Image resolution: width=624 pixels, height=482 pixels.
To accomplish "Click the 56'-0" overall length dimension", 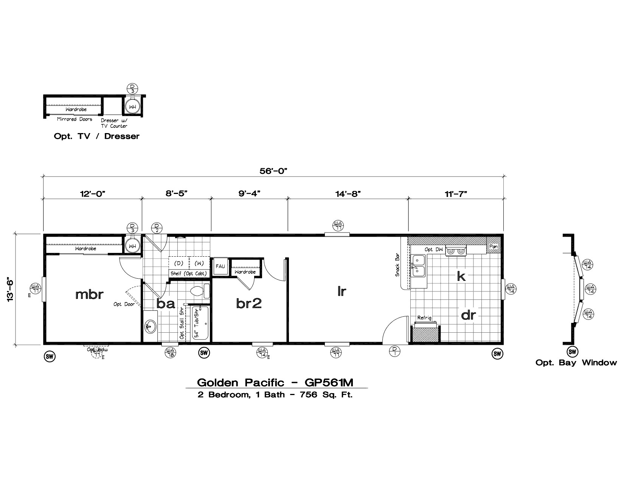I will coord(274,171).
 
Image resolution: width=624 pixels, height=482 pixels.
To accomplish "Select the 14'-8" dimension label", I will coord(348,194).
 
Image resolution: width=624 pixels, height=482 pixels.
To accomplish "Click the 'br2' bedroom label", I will coord(249,303).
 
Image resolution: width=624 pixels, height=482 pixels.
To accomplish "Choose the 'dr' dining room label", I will coord(468,315).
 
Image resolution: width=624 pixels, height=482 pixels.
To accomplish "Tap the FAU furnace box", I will coord(220,266).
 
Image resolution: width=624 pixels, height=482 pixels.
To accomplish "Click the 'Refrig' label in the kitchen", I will coord(424,318).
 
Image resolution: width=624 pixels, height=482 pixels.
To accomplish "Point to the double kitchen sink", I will coord(418,265).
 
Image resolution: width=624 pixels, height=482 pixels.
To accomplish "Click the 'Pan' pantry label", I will coord(493,246).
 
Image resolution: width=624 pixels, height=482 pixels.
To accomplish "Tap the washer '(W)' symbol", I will coord(199,263).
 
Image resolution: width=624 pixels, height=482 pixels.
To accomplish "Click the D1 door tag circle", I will coord(394,352).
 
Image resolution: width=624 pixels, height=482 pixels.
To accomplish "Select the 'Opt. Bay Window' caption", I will coord(576,363).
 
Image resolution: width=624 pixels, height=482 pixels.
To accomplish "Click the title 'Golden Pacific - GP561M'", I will coord(275,383).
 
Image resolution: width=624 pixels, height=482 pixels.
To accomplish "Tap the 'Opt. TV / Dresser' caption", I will coord(96,136).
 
